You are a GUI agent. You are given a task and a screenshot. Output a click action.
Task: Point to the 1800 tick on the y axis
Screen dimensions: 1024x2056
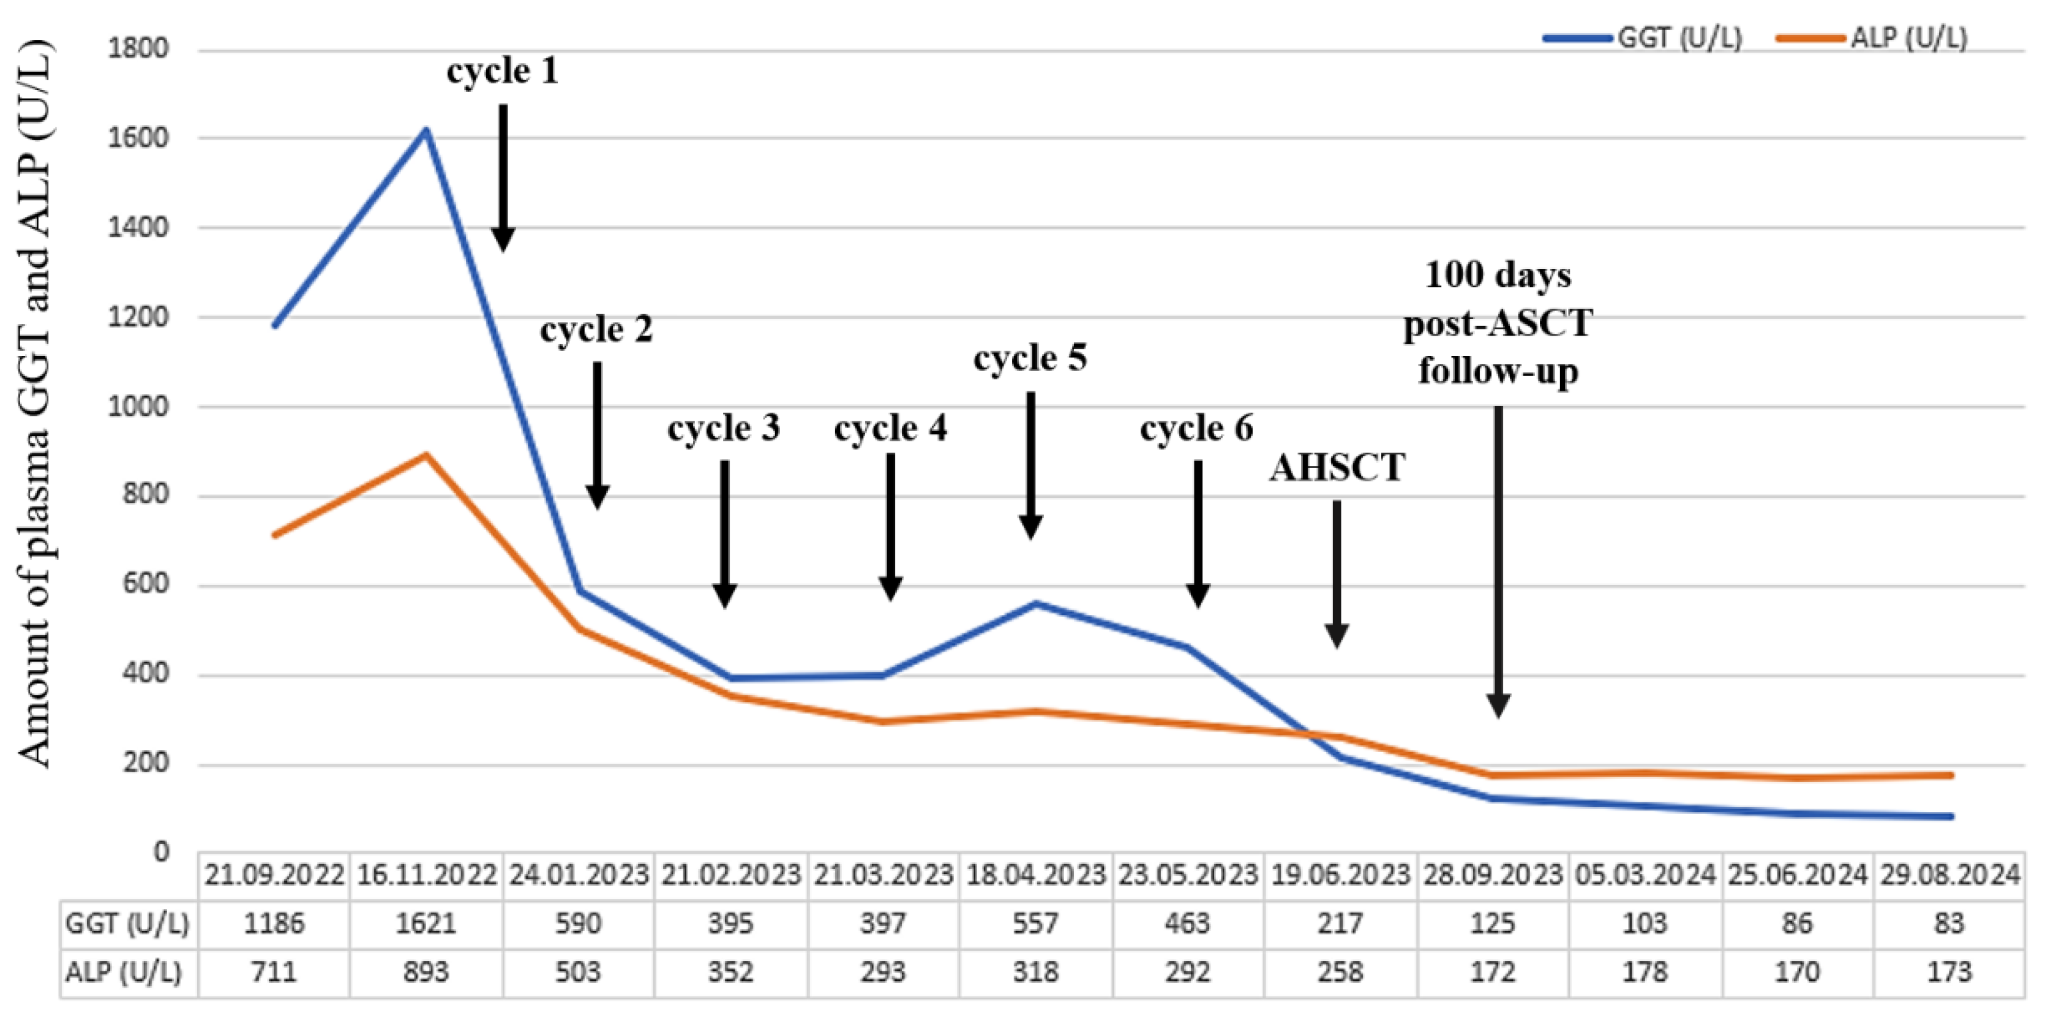point(139,48)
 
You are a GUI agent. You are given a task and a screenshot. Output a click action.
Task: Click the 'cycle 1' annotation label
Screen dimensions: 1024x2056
point(502,71)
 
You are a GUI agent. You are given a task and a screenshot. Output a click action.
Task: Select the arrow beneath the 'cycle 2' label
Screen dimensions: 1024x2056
point(597,435)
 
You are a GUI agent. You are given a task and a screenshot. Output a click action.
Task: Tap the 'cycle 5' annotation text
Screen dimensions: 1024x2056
point(1030,358)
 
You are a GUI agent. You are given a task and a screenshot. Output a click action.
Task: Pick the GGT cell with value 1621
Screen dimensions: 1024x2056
point(426,924)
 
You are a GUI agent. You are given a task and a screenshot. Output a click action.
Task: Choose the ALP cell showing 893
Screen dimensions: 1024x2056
point(426,972)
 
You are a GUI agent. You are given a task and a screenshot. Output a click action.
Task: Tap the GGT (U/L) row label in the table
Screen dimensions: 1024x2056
point(128,924)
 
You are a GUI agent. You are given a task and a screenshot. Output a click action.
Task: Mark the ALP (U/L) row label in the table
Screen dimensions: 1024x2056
point(124,972)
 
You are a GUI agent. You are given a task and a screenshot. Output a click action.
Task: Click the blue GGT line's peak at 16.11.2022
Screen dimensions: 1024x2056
point(426,130)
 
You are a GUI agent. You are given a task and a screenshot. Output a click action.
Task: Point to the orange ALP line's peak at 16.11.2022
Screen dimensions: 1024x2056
point(426,456)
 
